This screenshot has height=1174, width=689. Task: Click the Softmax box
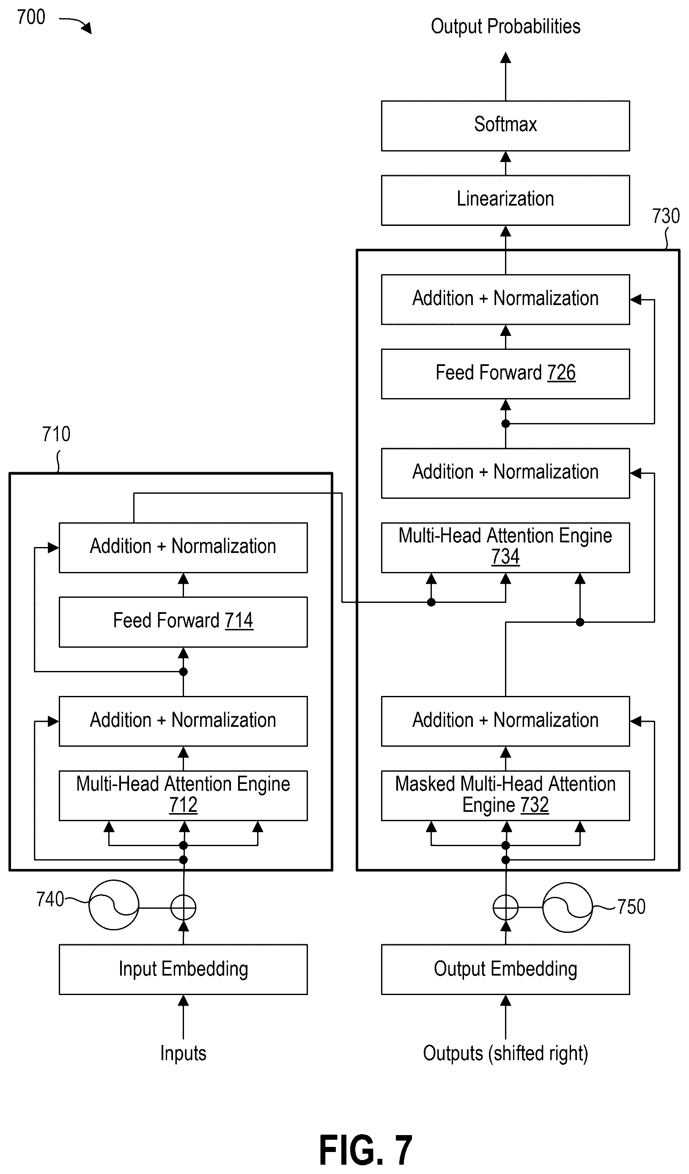505,126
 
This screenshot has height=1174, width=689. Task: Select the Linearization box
505,201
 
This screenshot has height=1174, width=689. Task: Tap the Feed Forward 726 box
505,374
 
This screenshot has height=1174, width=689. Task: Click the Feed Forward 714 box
183,622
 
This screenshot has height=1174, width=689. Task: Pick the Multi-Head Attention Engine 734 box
505,547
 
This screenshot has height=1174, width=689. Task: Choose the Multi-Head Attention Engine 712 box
183,796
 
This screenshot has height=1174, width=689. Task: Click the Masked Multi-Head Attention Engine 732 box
505,796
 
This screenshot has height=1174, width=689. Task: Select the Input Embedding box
183,970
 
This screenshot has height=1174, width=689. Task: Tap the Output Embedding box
505,970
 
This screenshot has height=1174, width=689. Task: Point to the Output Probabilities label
505,27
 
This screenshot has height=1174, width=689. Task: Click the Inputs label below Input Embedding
183,1054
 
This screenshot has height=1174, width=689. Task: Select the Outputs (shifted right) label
505,1054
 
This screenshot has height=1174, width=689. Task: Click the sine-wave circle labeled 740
114,905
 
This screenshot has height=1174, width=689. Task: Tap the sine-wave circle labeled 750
568,907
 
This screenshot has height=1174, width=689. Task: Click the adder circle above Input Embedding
183,907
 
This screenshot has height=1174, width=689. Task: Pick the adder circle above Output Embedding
505,907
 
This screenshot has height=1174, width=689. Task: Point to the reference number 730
666,216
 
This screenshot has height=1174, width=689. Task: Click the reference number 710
56,434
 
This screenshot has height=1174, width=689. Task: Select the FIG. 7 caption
366,1149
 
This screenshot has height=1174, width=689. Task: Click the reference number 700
31,17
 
